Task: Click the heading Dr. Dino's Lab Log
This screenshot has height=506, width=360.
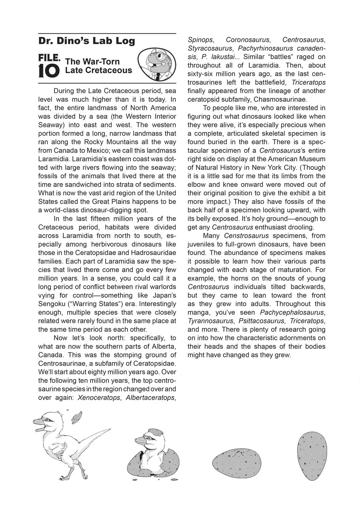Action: (87, 41)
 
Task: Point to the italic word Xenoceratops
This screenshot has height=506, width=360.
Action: (99, 398)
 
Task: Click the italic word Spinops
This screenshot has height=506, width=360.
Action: (200, 40)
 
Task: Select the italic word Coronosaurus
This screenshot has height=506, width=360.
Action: (248, 40)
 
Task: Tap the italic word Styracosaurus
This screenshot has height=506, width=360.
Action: (210, 48)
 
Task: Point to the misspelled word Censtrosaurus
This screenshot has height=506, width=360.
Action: (246, 236)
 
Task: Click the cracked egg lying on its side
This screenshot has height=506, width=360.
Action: (237, 462)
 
